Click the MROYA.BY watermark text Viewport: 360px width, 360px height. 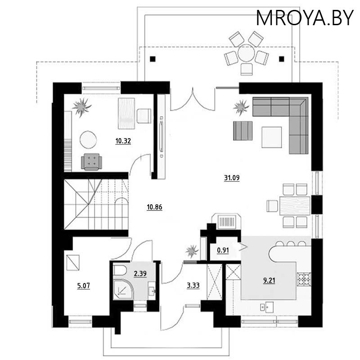pos(305,18)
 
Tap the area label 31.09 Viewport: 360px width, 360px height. pos(232,178)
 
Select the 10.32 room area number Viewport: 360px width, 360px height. pos(123,141)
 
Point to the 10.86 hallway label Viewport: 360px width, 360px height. pos(154,207)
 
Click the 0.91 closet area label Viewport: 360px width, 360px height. pos(223,250)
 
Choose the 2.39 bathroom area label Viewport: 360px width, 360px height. pos(140,274)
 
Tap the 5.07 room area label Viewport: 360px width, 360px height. pos(84,286)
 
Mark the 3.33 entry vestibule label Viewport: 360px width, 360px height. pos(193,285)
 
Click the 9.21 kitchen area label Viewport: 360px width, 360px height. pos(269,280)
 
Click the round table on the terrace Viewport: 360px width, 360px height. pos(246,53)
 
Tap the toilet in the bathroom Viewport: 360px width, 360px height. pos(119,271)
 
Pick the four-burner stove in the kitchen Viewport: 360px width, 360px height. pos(304,279)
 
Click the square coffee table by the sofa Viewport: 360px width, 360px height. pos(272,137)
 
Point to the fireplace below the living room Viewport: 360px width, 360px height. pos(227,221)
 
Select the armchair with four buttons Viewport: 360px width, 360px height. pos(91,162)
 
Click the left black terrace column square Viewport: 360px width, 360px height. pos(153,59)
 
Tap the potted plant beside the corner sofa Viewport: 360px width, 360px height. pos(241,107)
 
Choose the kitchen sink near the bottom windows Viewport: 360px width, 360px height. pos(267,307)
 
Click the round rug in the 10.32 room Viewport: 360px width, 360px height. pos(88,139)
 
